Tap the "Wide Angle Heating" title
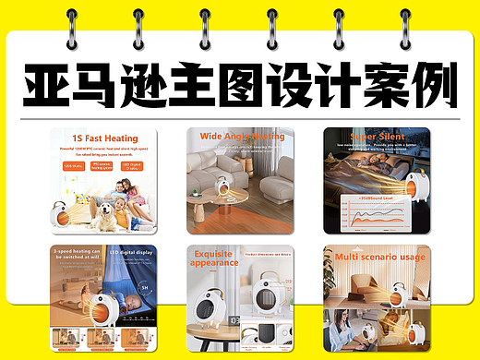tap(242, 137)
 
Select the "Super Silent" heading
tap(377, 136)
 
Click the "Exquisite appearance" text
tap(214, 258)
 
